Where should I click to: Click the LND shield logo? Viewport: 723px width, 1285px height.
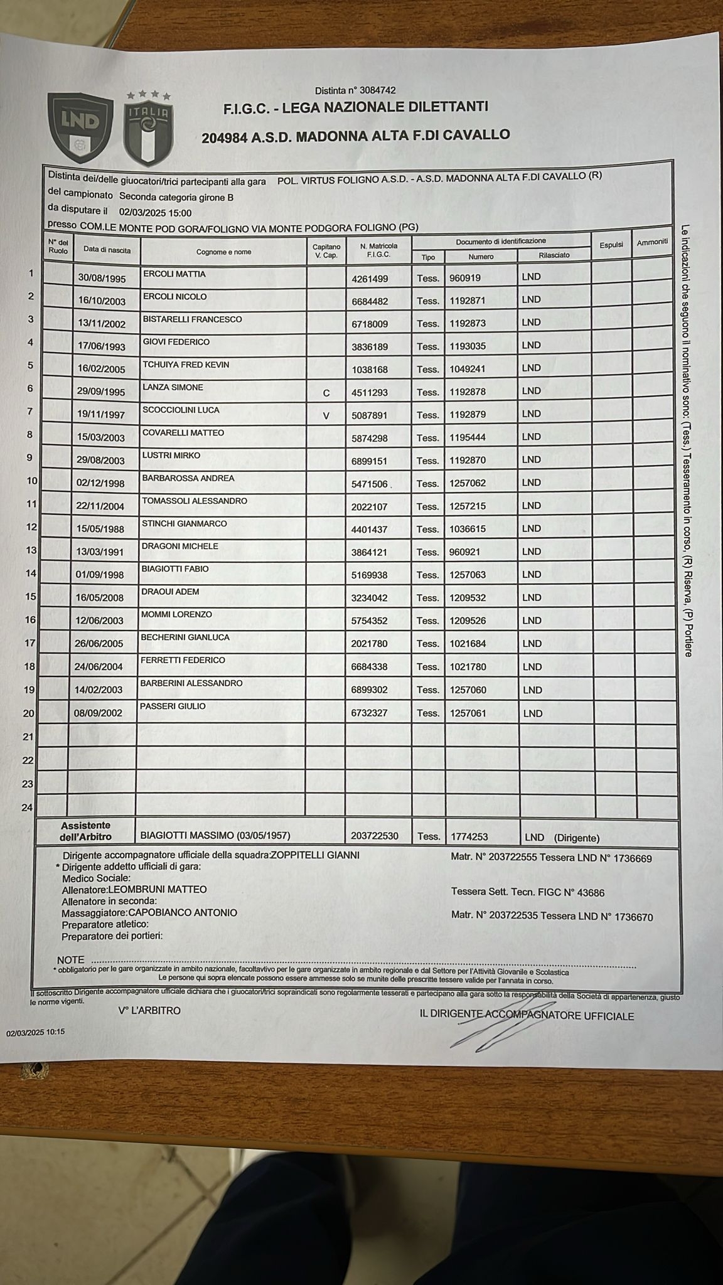click(80, 125)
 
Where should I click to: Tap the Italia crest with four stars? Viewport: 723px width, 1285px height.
click(148, 129)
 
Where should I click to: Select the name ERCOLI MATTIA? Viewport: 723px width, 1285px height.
click(174, 274)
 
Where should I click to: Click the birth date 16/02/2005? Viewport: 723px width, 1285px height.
click(101, 370)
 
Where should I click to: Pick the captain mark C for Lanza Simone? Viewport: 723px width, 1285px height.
click(326, 393)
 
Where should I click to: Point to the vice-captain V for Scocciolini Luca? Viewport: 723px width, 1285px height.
click(326, 415)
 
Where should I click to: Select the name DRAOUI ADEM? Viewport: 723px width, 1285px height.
click(170, 592)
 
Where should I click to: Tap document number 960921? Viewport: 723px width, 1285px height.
click(464, 552)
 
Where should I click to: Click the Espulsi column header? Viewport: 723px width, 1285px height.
click(611, 245)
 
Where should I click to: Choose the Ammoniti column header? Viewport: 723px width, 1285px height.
click(652, 242)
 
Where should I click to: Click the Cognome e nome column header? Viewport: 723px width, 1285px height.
click(223, 252)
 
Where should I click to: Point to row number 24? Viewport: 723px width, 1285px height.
click(27, 808)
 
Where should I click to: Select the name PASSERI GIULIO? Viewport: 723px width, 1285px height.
click(173, 706)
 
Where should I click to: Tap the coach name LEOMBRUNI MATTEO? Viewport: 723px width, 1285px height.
click(158, 889)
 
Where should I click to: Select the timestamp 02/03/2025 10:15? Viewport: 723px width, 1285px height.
click(36, 1032)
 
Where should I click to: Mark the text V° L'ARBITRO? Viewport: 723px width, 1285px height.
click(149, 1011)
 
